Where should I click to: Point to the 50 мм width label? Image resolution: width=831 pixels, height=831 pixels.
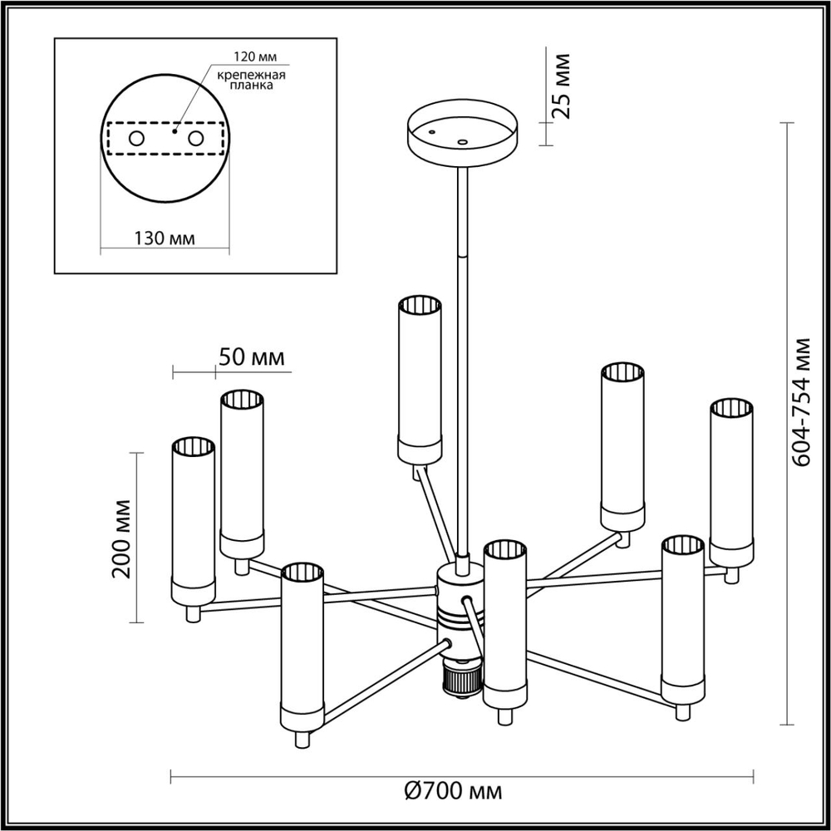(x=251, y=357)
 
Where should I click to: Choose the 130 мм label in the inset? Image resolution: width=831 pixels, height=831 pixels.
(x=164, y=238)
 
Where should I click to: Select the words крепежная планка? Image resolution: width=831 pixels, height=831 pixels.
(x=252, y=80)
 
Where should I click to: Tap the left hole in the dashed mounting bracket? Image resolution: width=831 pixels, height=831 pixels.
(x=136, y=139)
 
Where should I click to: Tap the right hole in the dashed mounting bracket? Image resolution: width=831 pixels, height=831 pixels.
(x=196, y=139)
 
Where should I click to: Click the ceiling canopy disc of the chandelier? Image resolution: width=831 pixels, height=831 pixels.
(x=462, y=134)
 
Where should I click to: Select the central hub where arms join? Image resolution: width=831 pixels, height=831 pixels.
(x=457, y=607)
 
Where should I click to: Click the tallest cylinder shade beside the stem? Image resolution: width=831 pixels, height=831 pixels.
(x=419, y=378)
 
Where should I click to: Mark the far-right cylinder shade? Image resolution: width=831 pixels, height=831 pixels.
(x=731, y=482)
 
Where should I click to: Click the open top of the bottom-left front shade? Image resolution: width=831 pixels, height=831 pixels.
(x=302, y=573)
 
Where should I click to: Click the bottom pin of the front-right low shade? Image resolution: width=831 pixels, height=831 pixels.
(x=683, y=712)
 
